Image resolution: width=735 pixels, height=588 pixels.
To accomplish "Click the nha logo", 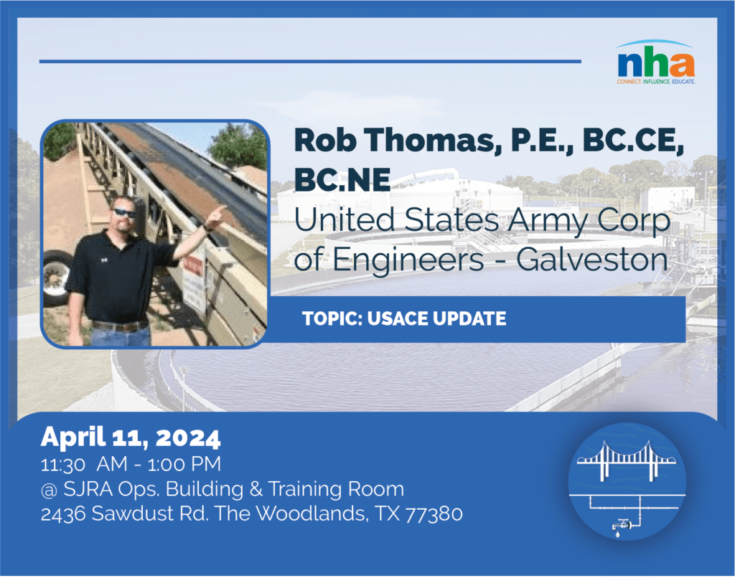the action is coord(656,62).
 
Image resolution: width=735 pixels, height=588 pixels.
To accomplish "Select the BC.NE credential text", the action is coord(342,179).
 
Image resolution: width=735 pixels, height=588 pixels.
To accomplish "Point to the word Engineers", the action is coord(408,261).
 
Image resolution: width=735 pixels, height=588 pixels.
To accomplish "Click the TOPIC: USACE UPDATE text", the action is coord(404,319).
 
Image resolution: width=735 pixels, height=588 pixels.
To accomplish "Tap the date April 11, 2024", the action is coord(131,437).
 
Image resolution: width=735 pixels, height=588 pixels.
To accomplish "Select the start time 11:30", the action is coord(63,465).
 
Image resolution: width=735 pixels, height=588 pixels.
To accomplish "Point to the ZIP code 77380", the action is coord(434,514).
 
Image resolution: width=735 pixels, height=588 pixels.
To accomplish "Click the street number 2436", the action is coord(63,514).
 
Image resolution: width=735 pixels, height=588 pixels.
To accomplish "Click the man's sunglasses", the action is coord(123,214).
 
